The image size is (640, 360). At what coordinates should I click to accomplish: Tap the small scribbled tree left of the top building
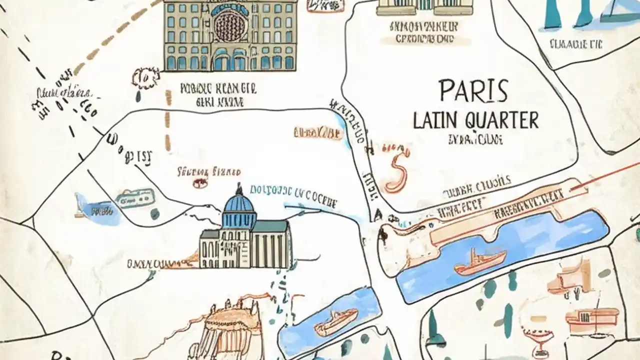(144, 78)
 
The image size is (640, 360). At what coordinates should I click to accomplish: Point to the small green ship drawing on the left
(134, 197)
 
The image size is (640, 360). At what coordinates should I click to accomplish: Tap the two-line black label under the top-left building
(217, 95)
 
